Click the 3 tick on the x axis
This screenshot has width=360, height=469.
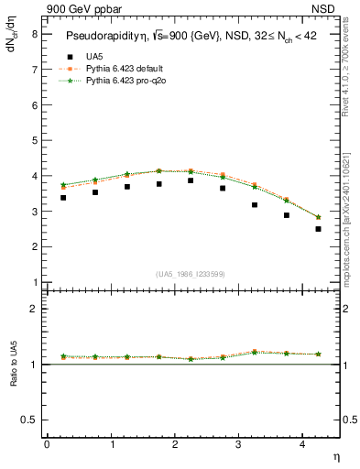pyautogui.click(x=238, y=444)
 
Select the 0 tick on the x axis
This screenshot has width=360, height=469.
pyautogui.click(x=47, y=444)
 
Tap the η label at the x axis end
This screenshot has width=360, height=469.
pyautogui.click(x=336, y=455)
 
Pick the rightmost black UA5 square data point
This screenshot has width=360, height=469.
pyautogui.click(x=318, y=229)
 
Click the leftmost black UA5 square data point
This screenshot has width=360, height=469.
pyautogui.click(x=62, y=197)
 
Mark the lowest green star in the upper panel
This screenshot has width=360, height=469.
pyautogui.click(x=318, y=217)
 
